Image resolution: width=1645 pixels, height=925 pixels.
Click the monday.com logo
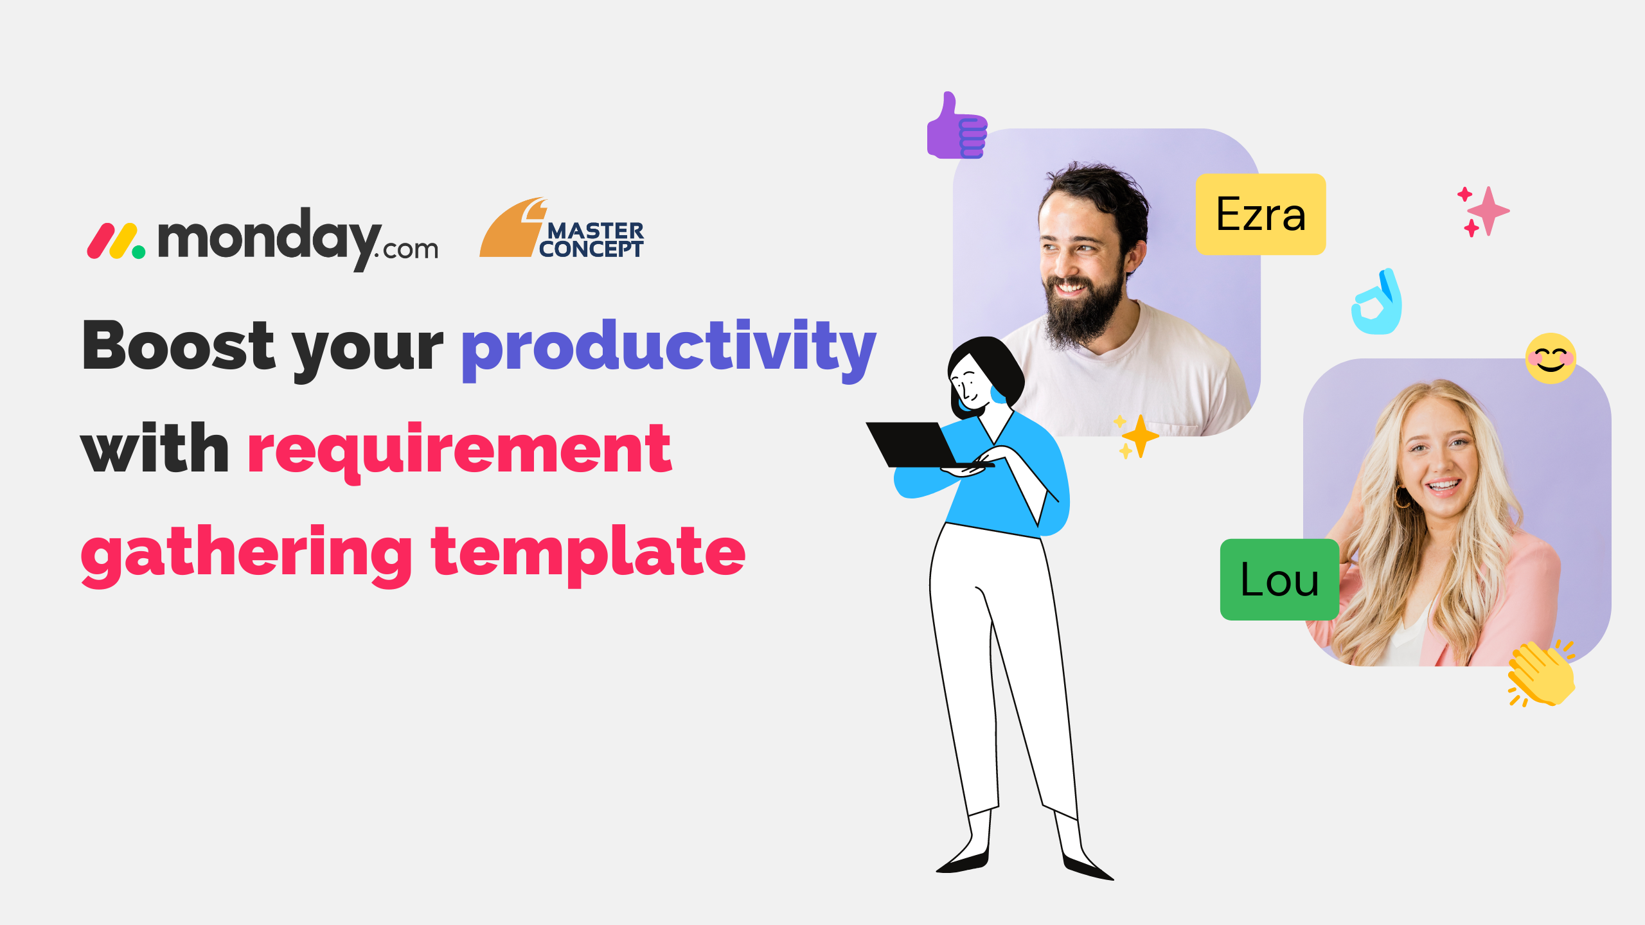coord(262,239)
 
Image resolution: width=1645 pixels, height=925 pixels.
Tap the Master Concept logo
coord(562,228)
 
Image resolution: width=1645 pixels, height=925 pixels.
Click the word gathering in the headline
coord(246,554)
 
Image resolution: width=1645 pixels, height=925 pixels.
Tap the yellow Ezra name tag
coord(1261,215)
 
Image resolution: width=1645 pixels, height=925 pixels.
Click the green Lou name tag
coord(1279,579)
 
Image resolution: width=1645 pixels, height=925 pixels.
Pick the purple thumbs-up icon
coord(957,127)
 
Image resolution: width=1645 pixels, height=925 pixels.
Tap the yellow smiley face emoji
coord(1551,358)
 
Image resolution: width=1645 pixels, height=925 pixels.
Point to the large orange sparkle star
coord(1141,437)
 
